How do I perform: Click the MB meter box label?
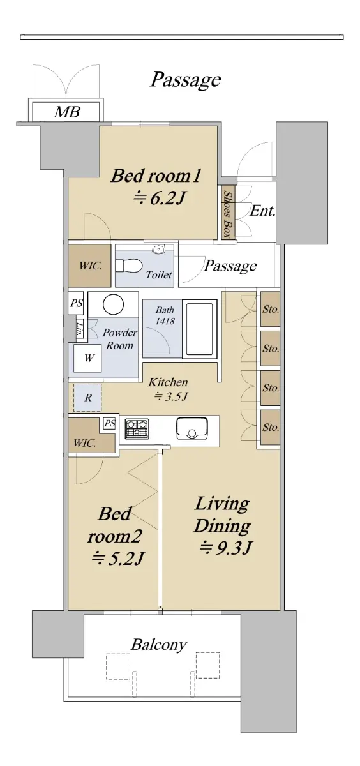click(67, 112)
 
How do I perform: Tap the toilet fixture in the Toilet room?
click(128, 266)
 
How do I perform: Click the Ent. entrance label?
click(262, 211)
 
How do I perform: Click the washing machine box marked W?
click(88, 358)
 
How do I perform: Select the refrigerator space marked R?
click(88, 398)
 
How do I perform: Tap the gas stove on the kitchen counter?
click(137, 428)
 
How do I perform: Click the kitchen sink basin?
click(191, 428)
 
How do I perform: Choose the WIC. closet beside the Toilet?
click(89, 266)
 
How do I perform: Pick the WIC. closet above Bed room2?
click(91, 435)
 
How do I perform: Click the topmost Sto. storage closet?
click(270, 309)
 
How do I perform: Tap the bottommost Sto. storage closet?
click(270, 428)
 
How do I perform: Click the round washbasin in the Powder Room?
click(113, 304)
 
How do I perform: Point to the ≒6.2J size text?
click(160, 198)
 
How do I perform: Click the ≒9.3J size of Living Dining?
click(226, 548)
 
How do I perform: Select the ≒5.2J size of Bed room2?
click(118, 558)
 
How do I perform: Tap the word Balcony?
click(159, 645)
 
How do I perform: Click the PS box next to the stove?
click(110, 423)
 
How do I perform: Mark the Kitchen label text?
click(167, 382)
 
